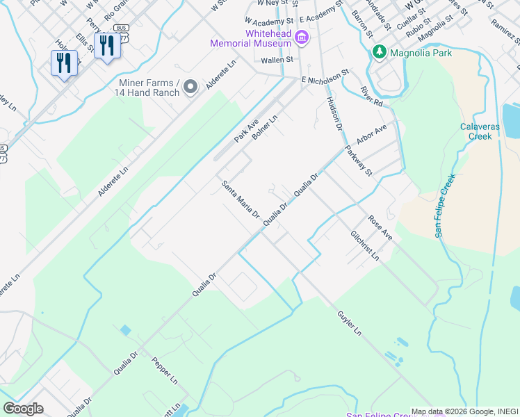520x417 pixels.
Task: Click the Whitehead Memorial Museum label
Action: pos(250,38)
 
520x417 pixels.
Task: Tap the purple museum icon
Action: pos(302,37)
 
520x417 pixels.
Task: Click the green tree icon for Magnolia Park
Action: pos(380,52)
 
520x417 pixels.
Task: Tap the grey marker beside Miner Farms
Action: pos(191,87)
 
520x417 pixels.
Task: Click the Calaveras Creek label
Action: pos(476,131)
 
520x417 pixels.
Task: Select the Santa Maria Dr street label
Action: pos(240,200)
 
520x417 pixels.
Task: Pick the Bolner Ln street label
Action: pos(265,126)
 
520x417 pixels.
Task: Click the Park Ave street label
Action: pos(246,130)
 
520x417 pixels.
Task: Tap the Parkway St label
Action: pos(360,161)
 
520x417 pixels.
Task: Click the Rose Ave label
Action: pos(380,228)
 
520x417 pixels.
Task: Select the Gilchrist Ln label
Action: pos(364,245)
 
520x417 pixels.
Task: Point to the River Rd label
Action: pos(372,96)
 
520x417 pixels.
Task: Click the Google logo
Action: pos(24,408)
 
